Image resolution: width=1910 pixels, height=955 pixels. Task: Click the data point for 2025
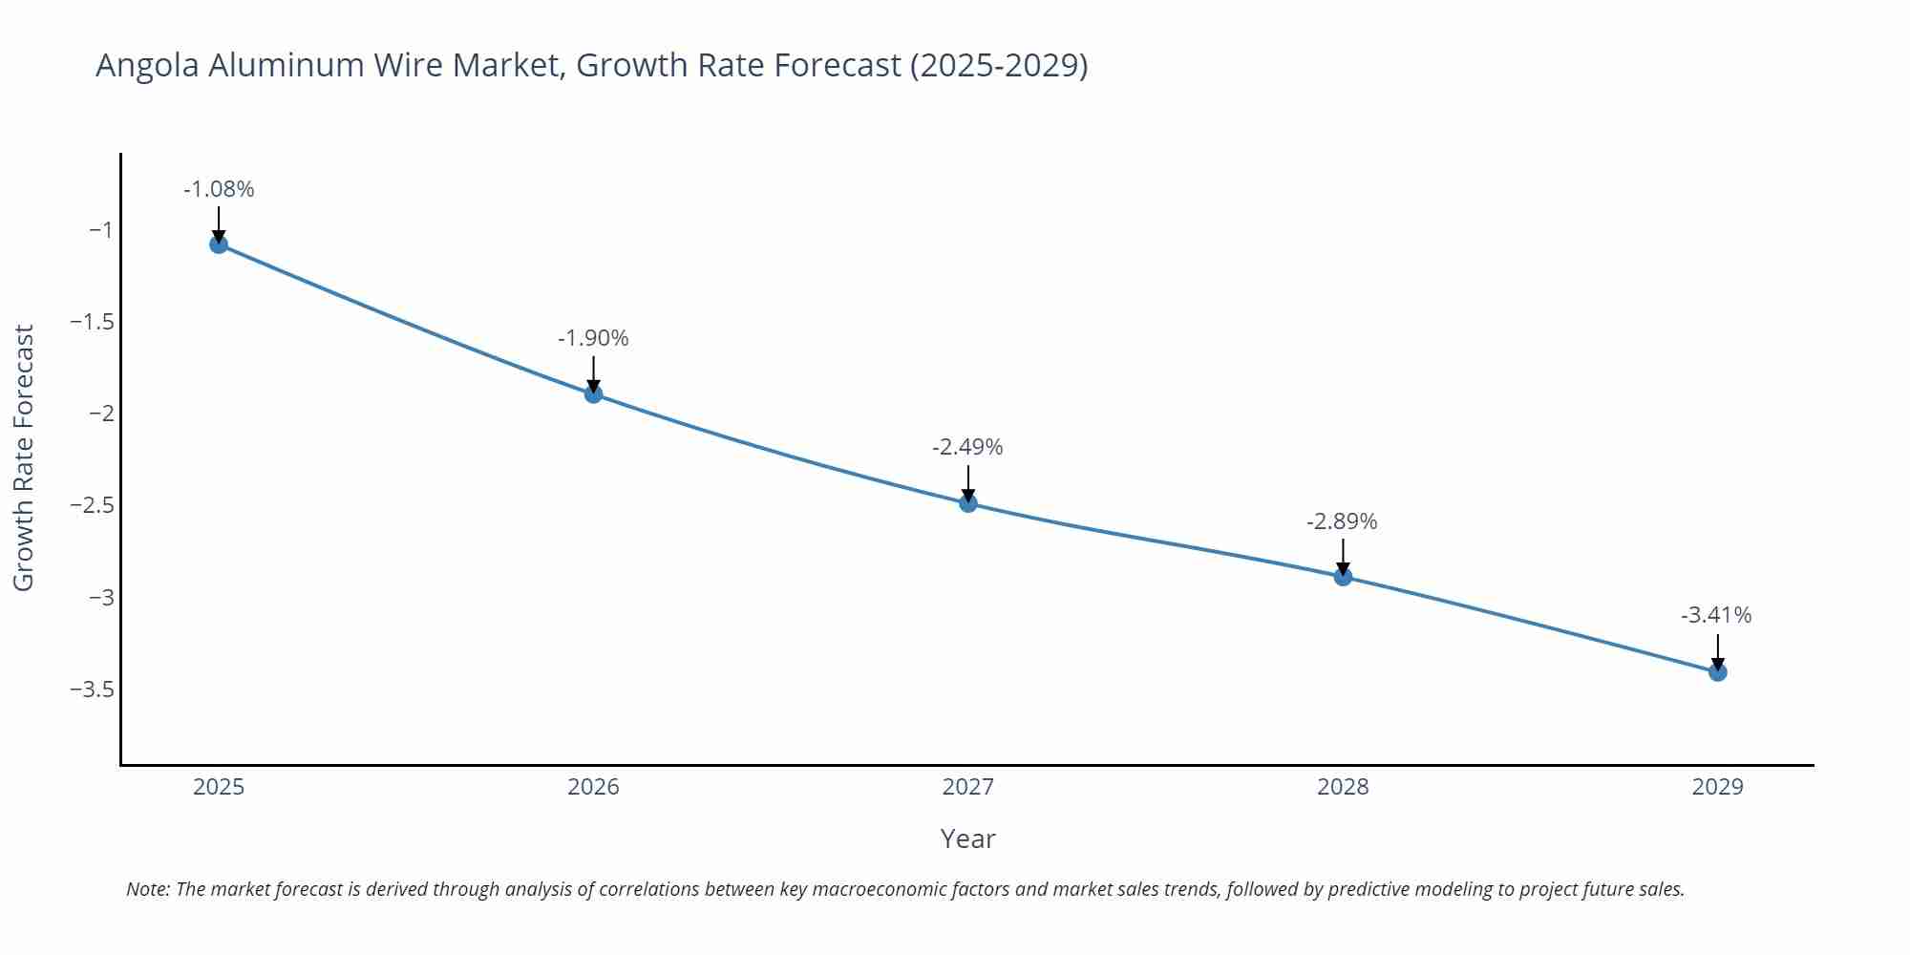[219, 244]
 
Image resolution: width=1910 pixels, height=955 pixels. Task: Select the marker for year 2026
[593, 393]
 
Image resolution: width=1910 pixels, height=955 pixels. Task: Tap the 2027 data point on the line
[968, 503]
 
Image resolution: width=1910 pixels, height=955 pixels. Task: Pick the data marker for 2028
[1343, 577]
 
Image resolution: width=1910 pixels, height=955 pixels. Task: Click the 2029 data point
[1717, 672]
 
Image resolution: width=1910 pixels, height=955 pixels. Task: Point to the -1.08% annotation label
[219, 189]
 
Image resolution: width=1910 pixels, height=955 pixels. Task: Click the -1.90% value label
[593, 338]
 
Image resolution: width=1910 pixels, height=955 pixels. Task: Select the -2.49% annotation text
[967, 447]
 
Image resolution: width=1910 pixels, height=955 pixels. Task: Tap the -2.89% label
[1342, 521]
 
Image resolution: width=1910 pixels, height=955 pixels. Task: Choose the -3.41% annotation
[1716, 615]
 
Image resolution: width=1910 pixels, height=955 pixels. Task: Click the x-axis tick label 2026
[593, 787]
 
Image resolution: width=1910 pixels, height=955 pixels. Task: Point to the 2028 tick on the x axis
[1343, 787]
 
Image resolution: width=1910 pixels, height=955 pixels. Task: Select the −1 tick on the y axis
[100, 229]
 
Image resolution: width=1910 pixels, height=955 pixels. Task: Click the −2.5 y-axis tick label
[92, 505]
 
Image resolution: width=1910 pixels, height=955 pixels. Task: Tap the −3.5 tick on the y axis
[92, 690]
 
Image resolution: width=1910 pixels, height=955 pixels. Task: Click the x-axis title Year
[967, 838]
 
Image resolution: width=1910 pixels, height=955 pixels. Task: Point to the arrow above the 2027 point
[968, 482]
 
